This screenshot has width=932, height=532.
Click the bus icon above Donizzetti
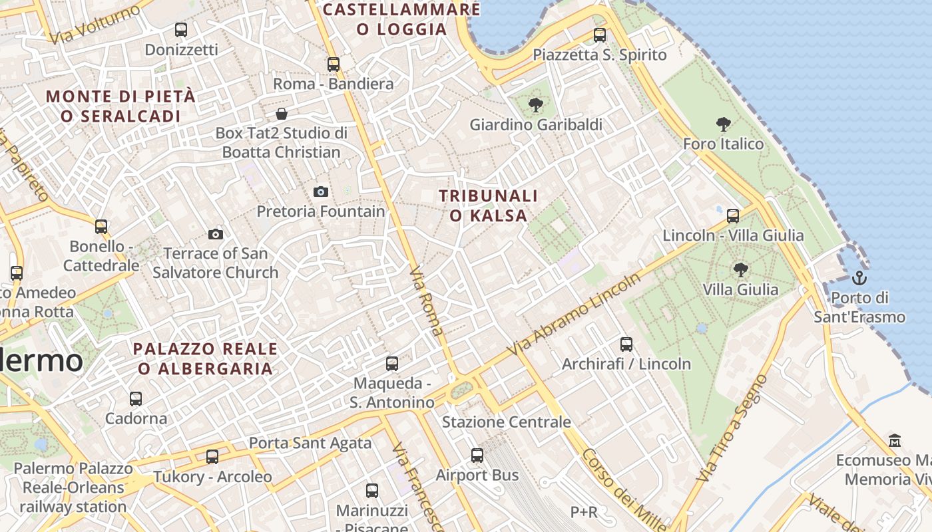pos(181,29)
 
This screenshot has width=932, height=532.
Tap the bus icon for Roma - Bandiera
pos(334,65)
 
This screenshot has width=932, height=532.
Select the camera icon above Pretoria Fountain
pos(321,192)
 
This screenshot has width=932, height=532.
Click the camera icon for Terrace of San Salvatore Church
pos(216,234)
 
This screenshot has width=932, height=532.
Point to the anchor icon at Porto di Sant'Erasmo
pos(859,277)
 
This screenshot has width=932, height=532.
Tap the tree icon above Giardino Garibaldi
pos(535,105)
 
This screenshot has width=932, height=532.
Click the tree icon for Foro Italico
pos(724,124)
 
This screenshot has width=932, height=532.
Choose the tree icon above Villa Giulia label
pos(740,270)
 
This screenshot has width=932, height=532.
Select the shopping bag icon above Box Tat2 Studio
pos(282,114)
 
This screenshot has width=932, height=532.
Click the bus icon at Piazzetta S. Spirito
pos(600,35)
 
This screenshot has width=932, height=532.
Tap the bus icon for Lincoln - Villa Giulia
pos(733,215)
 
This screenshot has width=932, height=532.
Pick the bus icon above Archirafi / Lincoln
pos(626,344)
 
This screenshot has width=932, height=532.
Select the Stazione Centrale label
pos(507,422)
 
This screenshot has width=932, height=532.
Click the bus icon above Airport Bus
pos(477,456)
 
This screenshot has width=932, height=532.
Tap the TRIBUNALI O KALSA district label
pos(489,205)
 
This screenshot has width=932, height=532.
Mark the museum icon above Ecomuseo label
pos(895,440)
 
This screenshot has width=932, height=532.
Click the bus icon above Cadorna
pos(136,399)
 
